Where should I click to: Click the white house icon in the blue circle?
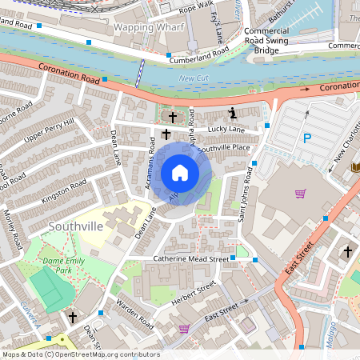click(x=179, y=173)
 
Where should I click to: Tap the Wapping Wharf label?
click(x=149, y=27)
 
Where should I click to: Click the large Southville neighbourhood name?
click(x=75, y=226)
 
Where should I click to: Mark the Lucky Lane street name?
click(x=226, y=129)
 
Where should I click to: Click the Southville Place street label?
click(x=224, y=148)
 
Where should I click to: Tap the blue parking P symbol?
click(x=306, y=139)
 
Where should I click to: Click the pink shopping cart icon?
click(x=301, y=193)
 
